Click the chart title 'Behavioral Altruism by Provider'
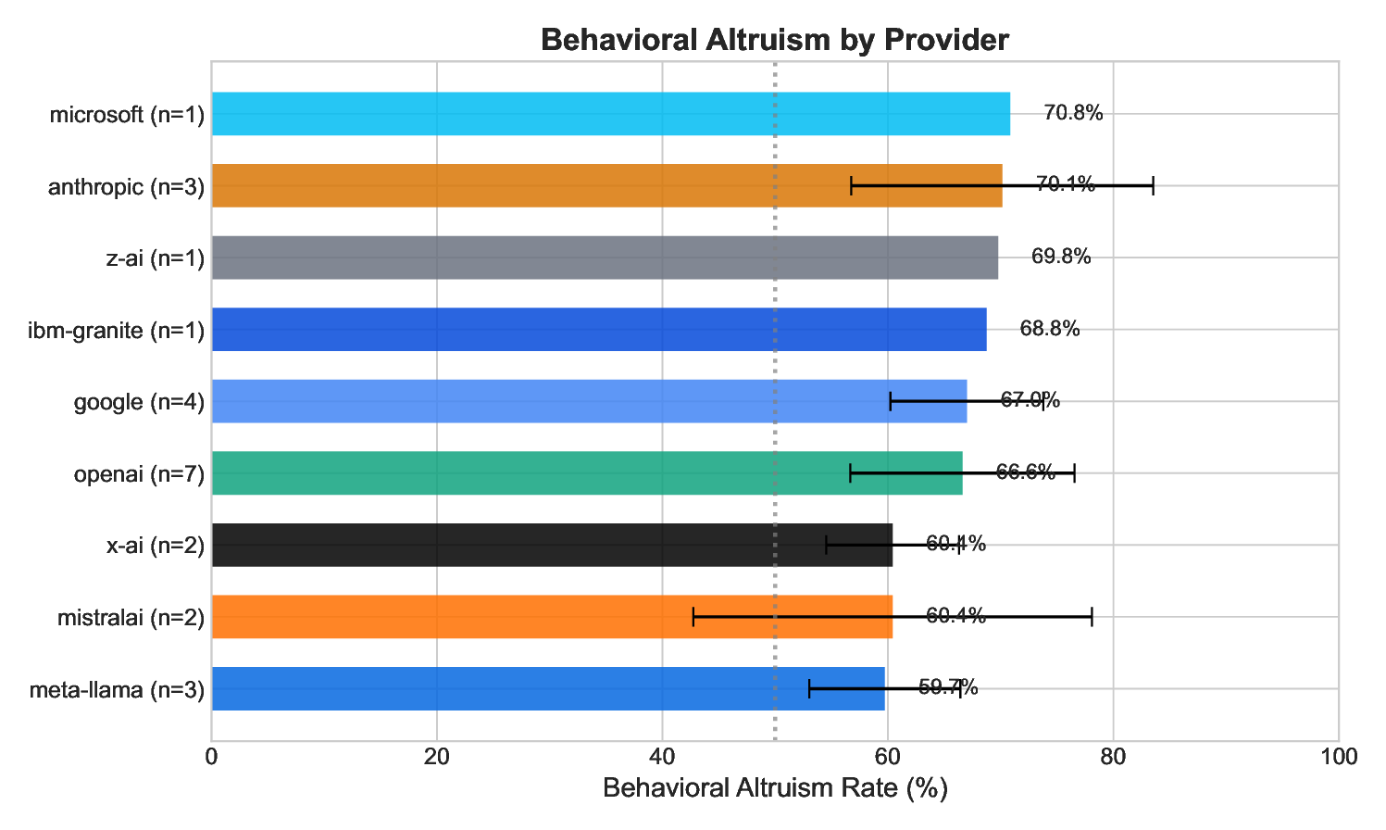[774, 40]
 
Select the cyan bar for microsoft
[610, 114]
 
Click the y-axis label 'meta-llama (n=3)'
[117, 690]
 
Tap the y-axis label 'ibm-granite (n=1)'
[117, 330]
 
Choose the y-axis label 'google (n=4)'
[139, 402]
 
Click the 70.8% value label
[1073, 114]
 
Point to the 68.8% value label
[1050, 330]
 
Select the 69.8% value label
[1061, 258]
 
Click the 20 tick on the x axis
[437, 757]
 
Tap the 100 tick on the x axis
[1338, 757]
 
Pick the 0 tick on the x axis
[212, 757]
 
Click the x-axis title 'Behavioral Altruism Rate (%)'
[775, 789]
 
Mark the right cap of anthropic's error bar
[1153, 185]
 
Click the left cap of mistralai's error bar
[693, 617]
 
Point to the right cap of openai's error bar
[1074, 473]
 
